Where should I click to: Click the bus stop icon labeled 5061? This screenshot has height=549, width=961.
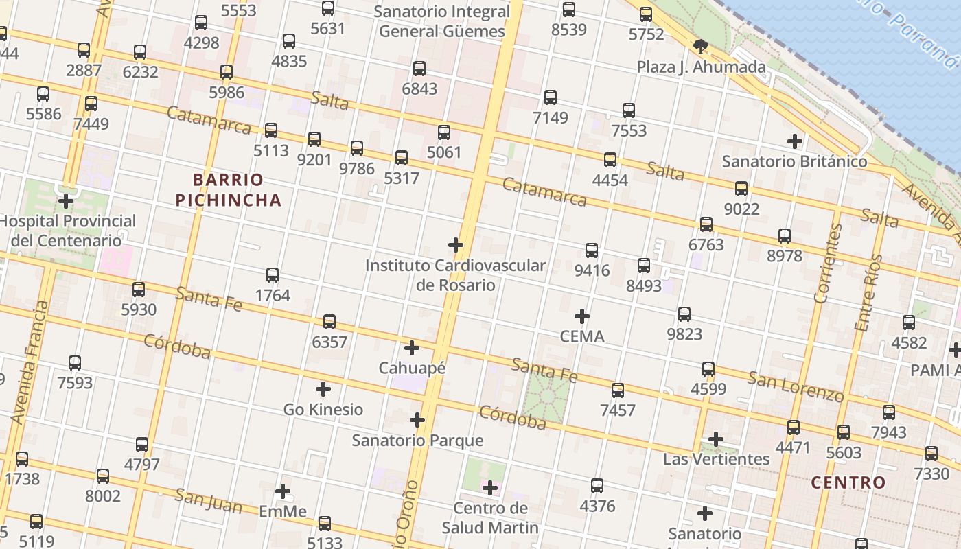tap(444, 132)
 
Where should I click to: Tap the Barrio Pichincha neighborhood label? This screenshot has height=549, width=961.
tap(229, 190)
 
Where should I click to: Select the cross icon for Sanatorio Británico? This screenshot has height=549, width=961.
tap(795, 142)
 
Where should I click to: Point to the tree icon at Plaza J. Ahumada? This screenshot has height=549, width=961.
tap(700, 47)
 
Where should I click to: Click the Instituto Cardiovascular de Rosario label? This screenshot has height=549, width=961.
tap(455, 274)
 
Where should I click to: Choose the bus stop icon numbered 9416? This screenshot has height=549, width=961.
tap(592, 250)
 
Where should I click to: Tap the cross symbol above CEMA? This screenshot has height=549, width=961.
tap(582, 316)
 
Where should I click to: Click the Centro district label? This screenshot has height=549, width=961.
tap(848, 482)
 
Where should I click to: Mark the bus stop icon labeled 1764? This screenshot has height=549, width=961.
tap(273, 275)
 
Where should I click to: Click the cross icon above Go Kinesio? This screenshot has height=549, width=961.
tap(323, 389)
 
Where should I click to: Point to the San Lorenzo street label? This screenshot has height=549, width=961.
tap(796, 386)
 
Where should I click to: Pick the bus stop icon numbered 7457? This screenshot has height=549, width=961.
tap(618, 390)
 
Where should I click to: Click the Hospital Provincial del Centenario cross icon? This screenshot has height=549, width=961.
tap(66, 201)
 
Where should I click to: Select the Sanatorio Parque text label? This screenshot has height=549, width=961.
tap(417, 441)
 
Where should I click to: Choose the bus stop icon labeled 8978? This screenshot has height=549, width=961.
tap(785, 236)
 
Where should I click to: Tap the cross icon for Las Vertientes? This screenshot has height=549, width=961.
tap(716, 439)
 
